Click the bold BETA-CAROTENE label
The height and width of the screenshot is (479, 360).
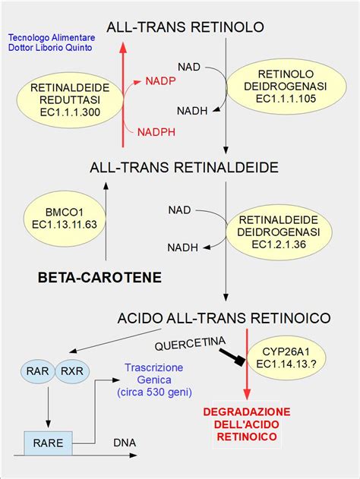(x=99, y=278)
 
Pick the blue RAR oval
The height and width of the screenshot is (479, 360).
(x=38, y=371)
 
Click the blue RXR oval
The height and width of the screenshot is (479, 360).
(x=71, y=371)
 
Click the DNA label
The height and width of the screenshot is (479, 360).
(x=125, y=442)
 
